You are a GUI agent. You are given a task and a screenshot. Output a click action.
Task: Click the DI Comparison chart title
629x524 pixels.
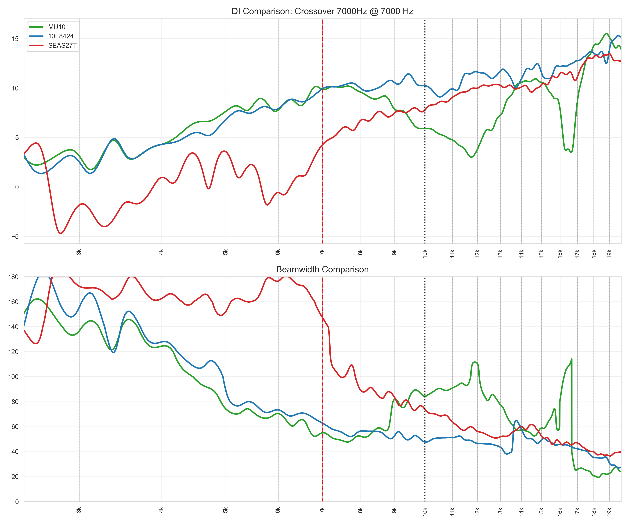(x=322, y=11)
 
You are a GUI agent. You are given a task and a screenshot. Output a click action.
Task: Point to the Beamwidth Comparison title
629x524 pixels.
(x=322, y=270)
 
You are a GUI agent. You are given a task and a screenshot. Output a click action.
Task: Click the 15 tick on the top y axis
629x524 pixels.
(x=15, y=39)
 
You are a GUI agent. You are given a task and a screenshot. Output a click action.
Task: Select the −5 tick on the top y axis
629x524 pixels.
(x=15, y=236)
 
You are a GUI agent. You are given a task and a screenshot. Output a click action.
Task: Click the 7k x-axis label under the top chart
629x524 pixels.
(x=322, y=252)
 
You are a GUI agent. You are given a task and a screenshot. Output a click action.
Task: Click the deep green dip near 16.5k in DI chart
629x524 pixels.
(x=571, y=152)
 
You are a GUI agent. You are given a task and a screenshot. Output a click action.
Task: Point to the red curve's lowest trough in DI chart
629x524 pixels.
(x=61, y=233)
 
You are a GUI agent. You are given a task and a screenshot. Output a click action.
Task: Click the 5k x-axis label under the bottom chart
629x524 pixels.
(x=226, y=511)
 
